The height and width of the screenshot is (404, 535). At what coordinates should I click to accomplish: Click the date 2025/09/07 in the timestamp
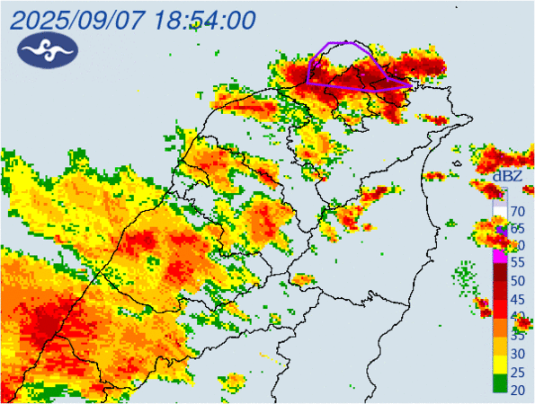click(x=74, y=20)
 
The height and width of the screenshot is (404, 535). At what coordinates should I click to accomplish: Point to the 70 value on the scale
click(x=518, y=212)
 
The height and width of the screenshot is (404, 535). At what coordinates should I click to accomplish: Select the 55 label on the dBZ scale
click(x=518, y=263)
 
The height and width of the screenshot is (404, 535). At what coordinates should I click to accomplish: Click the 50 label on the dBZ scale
click(x=518, y=281)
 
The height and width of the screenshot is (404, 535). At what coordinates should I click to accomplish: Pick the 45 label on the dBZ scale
click(x=518, y=299)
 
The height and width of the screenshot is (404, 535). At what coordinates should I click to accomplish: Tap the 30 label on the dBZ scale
click(x=518, y=353)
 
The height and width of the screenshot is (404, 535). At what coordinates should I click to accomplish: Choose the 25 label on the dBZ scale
click(x=518, y=371)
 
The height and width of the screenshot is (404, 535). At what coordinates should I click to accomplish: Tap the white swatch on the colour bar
click(x=498, y=208)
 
